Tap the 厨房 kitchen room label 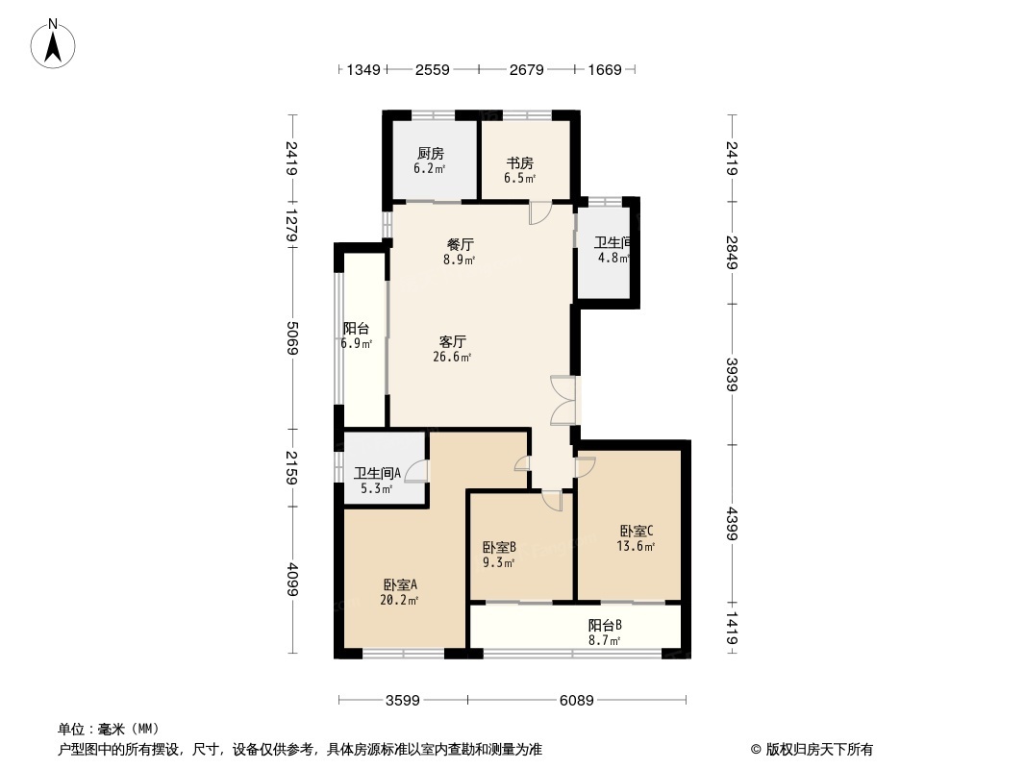tap(430, 154)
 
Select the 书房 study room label tap(519, 163)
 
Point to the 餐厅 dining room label tap(460, 244)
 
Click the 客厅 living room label tap(453, 341)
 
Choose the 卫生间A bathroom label tap(377, 473)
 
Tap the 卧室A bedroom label tap(399, 584)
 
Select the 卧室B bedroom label tap(499, 547)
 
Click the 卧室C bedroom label tap(636, 531)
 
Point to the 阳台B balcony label tap(605, 624)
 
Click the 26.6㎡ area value tap(453, 358)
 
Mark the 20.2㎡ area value tap(399, 601)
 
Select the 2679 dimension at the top tap(527, 69)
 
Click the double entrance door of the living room tap(563, 400)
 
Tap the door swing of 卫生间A tap(417, 470)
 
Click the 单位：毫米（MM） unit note tap(109, 729)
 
